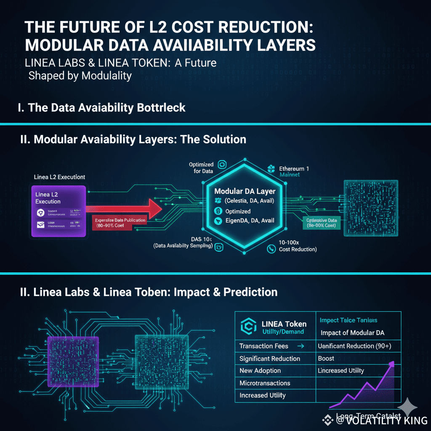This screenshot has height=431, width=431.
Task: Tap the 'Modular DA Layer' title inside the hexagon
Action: pos(245,191)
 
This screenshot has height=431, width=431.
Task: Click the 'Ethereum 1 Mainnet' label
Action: pos(294,171)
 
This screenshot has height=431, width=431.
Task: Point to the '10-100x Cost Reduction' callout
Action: pos(298,246)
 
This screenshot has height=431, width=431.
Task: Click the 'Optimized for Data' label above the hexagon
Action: pos(201,168)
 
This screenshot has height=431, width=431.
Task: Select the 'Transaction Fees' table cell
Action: pos(264,346)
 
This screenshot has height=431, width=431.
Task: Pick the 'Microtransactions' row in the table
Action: pos(265,383)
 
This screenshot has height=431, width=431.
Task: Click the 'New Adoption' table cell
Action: pos(260,371)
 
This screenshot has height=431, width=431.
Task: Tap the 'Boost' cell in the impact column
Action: pos(326,359)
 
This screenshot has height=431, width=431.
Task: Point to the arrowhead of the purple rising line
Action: pos(392,364)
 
